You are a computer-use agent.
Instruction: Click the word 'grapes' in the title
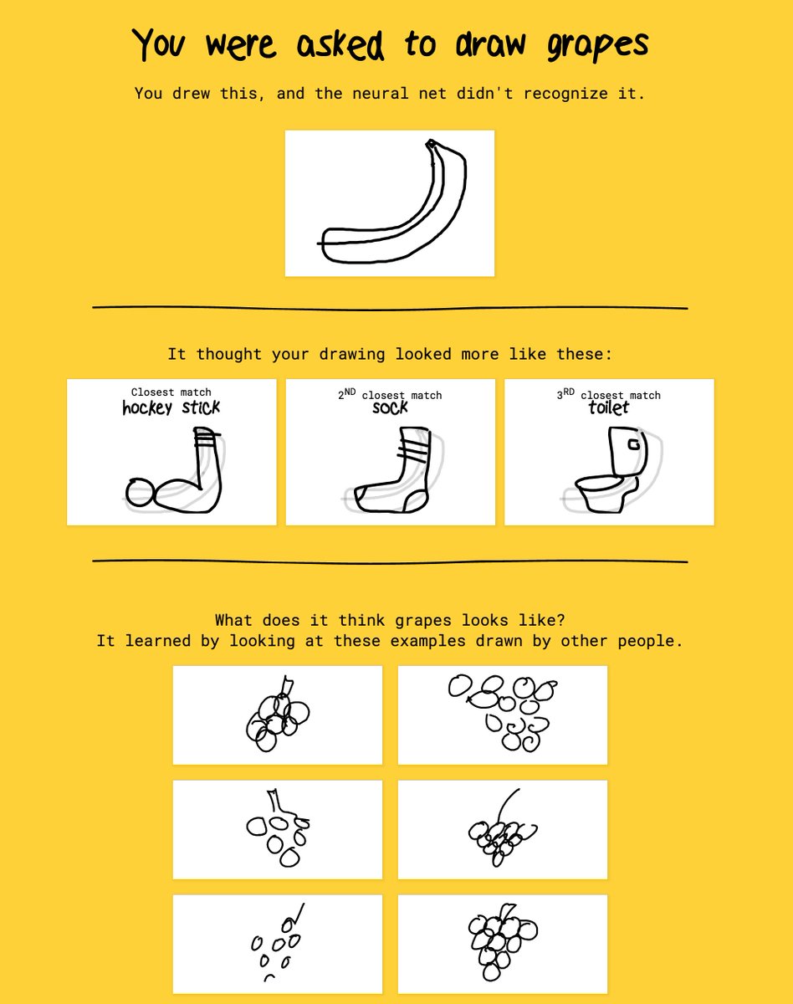pos(597,45)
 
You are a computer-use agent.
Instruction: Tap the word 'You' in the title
pos(159,44)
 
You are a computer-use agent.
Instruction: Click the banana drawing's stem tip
pos(430,143)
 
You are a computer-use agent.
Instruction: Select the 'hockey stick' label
pos(171,407)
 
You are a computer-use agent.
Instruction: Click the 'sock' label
pos(390,407)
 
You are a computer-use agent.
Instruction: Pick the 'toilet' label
pos(608,407)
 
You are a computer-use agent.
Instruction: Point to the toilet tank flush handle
pos(633,444)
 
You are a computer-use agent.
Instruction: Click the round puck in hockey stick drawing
pos(140,492)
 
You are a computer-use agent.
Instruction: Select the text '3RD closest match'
pos(609,394)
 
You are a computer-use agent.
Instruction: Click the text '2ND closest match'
pos(390,394)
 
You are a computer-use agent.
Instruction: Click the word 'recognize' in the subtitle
pos(565,95)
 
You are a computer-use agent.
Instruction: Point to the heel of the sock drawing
pos(415,502)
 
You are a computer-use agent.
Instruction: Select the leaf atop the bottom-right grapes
pos(508,910)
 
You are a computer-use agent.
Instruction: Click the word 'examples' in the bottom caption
pos(427,641)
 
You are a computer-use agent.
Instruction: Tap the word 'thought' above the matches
pos(228,354)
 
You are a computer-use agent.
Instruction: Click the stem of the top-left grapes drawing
pos(286,685)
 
